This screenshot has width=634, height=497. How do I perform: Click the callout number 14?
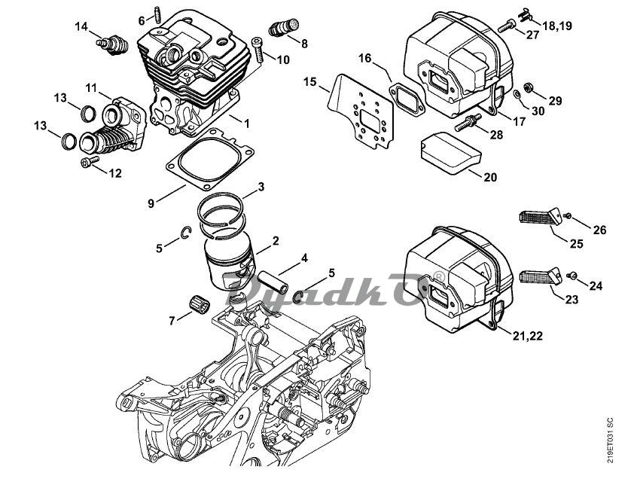81,27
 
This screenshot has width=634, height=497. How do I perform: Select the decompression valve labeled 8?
282,27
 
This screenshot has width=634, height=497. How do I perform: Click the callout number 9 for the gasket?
151,203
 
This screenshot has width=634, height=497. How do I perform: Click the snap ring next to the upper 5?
184,236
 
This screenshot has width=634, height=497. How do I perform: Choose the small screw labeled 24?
572,275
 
